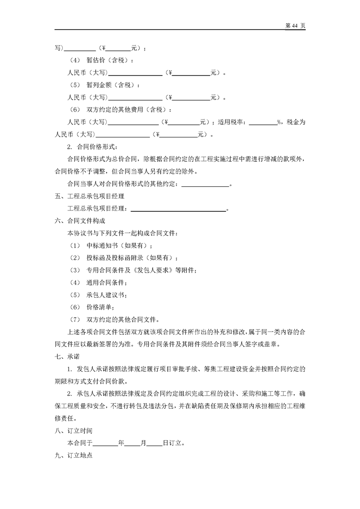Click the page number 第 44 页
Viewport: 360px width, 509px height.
[x=295, y=26]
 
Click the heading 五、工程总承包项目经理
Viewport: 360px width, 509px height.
[x=89, y=196]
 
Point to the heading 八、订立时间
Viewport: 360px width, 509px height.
[x=73, y=430]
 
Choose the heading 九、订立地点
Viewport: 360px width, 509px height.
[x=73, y=455]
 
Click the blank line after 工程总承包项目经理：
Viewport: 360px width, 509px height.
[x=178, y=209]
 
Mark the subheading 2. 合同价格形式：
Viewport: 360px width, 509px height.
[x=92, y=147]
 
